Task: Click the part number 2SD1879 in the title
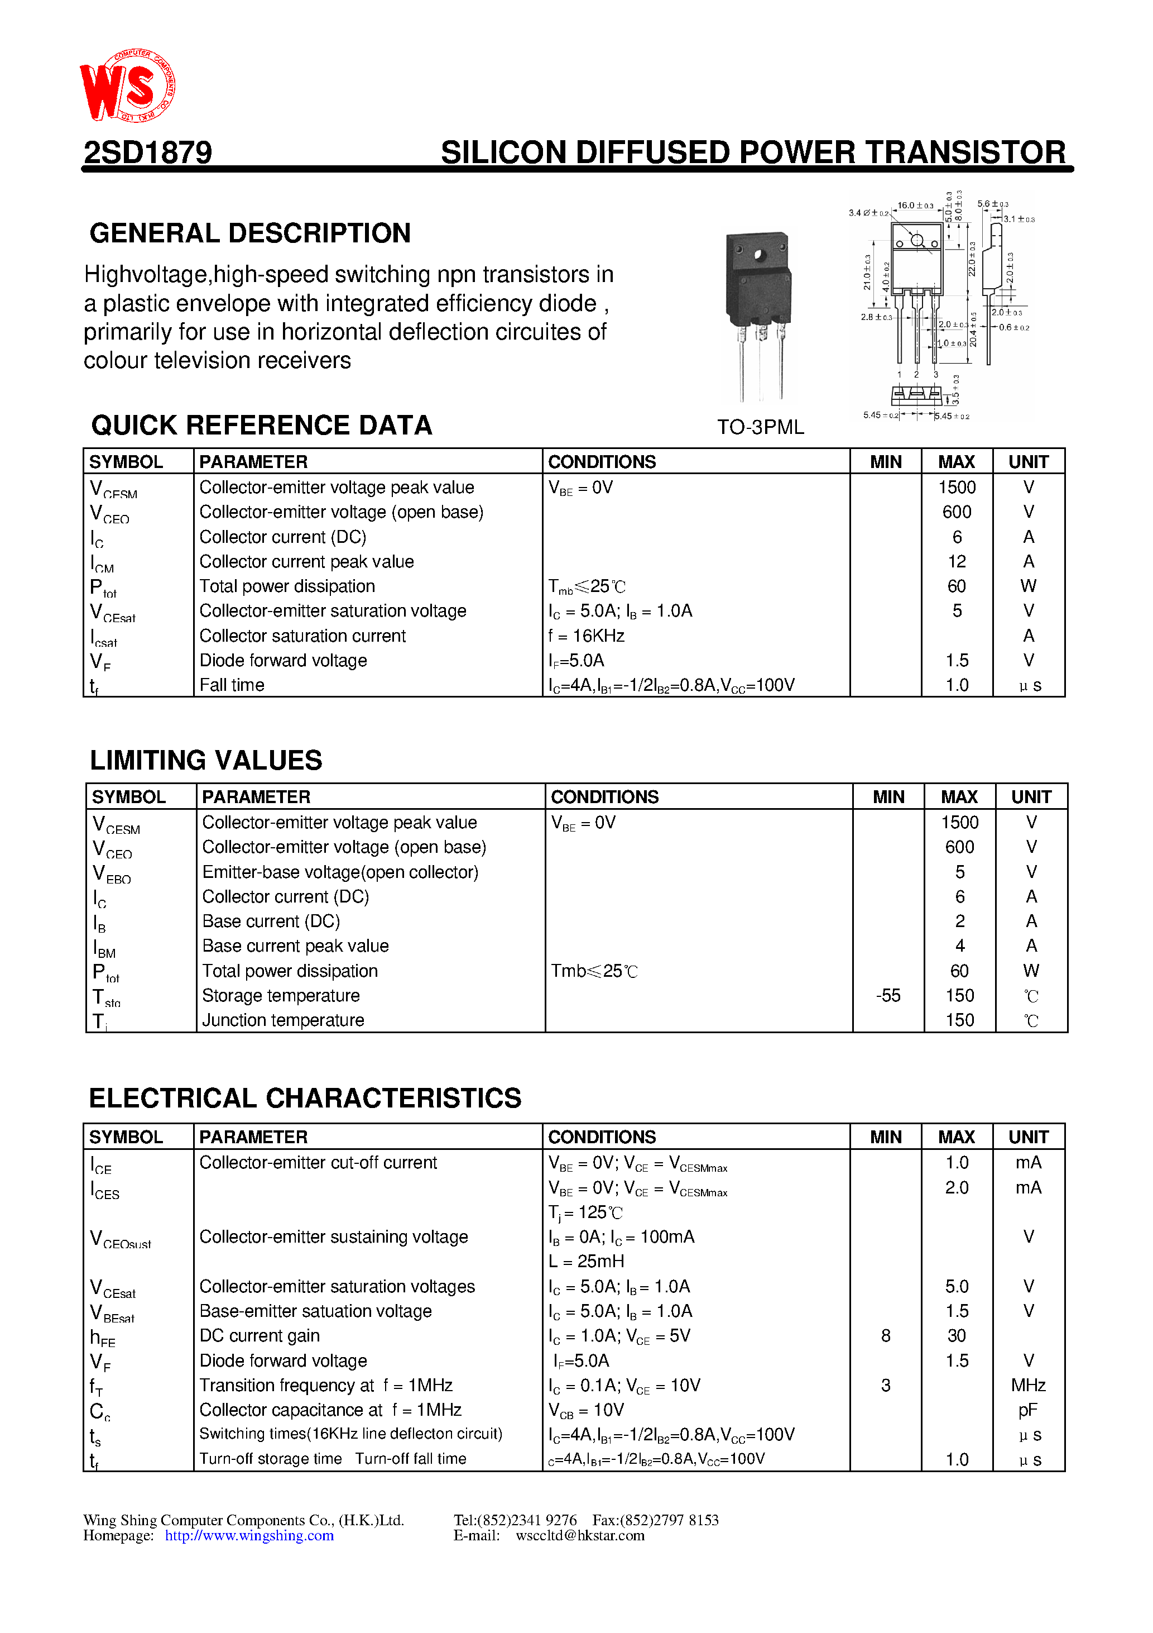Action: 148,152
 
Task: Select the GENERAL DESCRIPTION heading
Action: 249,233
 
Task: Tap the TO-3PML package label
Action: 760,427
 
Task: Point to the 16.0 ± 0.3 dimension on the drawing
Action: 915,206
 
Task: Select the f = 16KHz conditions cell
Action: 586,636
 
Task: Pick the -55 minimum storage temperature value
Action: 887,996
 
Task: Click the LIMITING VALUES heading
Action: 205,760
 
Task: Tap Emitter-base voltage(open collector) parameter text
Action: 340,872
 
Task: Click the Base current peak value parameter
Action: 295,946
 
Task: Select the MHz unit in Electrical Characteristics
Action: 1028,1386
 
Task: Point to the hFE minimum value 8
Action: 885,1336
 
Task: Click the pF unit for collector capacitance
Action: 1028,1410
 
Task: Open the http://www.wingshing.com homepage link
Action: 249,1536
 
